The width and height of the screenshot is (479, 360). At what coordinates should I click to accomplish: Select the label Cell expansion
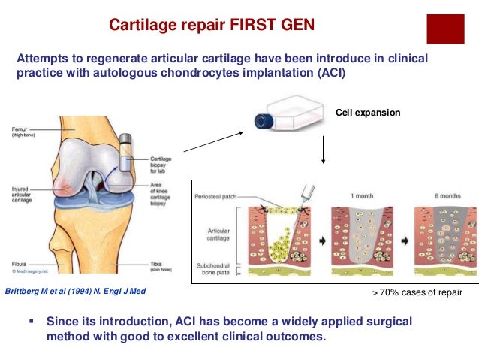[x=368, y=113]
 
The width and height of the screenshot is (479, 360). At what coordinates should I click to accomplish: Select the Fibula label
[x=20, y=264]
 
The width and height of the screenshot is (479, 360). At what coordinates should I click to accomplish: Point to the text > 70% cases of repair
[x=417, y=292]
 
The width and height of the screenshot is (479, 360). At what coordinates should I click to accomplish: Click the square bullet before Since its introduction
[x=32, y=319]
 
